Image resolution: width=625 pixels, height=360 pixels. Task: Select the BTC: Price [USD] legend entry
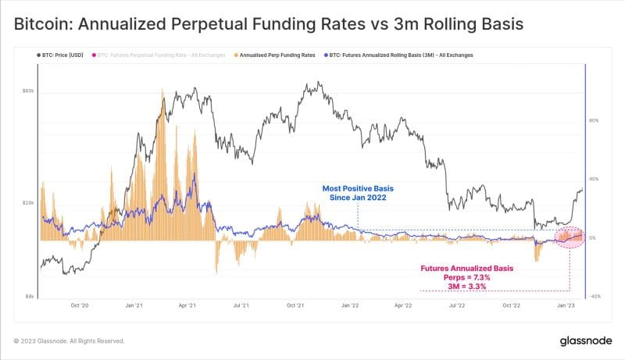[62, 55]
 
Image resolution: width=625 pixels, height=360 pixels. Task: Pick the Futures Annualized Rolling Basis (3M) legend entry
[400, 55]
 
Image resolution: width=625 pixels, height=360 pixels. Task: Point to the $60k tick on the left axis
[28, 91]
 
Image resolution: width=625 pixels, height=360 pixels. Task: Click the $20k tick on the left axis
[28, 203]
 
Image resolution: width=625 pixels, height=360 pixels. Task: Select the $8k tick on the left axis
[30, 297]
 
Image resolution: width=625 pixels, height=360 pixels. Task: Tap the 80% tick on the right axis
[594, 120]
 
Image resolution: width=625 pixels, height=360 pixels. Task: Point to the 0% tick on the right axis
[593, 237]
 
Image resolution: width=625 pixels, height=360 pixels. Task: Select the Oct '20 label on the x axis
[78, 307]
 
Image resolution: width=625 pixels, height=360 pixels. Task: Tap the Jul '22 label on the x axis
[458, 307]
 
